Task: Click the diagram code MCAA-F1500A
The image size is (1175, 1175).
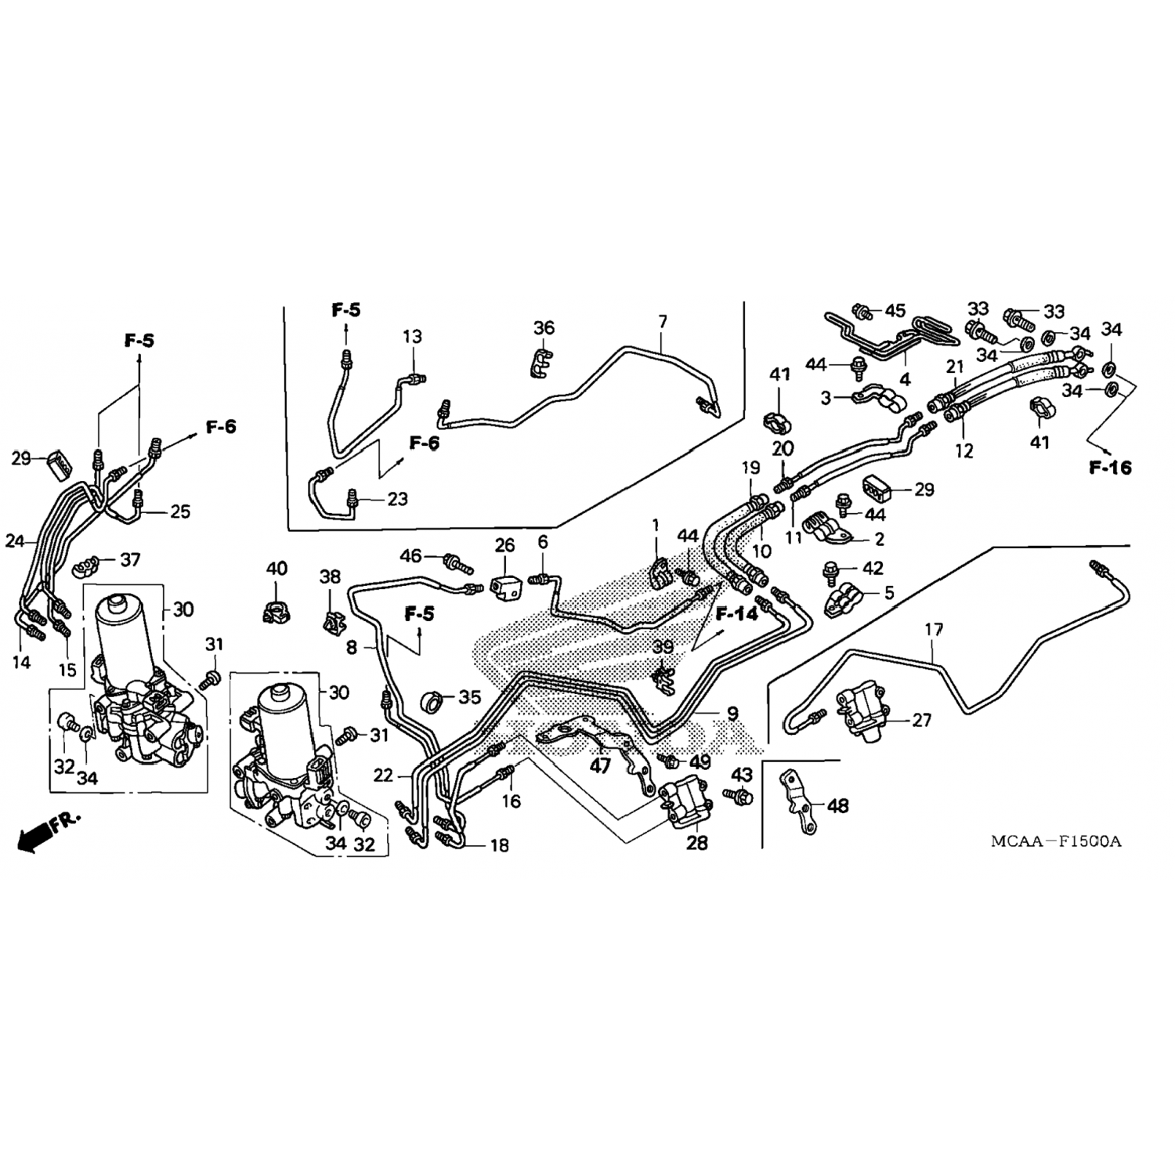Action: pyautogui.click(x=1056, y=841)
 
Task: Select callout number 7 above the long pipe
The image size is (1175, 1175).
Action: pyautogui.click(x=663, y=322)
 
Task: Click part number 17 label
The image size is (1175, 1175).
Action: pyautogui.click(x=933, y=629)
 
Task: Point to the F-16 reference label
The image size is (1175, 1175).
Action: pyautogui.click(x=1110, y=468)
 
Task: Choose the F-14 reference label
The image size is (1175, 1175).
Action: pyautogui.click(x=736, y=613)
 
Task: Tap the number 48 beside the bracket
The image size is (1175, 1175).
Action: pyautogui.click(x=837, y=805)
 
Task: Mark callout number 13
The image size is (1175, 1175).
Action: pyautogui.click(x=413, y=337)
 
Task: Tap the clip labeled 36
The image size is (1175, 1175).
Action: pyautogui.click(x=541, y=362)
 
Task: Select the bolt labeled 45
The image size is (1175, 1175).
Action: pyautogui.click(x=862, y=311)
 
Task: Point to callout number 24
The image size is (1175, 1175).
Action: pyautogui.click(x=15, y=540)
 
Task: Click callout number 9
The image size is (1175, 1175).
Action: pyautogui.click(x=732, y=713)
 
